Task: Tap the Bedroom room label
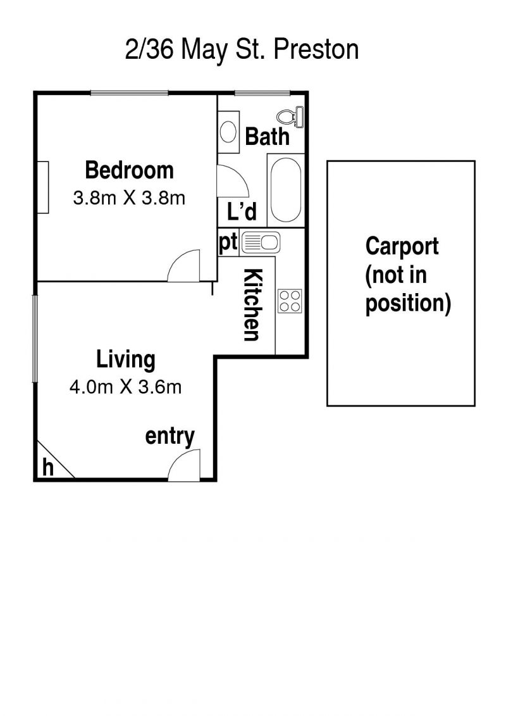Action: point(130,170)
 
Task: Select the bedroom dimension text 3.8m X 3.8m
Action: point(129,198)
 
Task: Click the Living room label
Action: point(125,360)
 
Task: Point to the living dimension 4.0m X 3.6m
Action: point(125,387)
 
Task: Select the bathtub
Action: point(286,190)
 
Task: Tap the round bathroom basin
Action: point(228,132)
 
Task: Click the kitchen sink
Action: point(260,242)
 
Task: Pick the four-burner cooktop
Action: point(290,301)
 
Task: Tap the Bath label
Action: point(267,136)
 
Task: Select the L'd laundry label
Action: point(242,211)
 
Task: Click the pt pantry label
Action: point(228,242)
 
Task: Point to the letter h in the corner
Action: point(47,467)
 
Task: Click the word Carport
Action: point(402,247)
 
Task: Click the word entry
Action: point(170,436)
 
